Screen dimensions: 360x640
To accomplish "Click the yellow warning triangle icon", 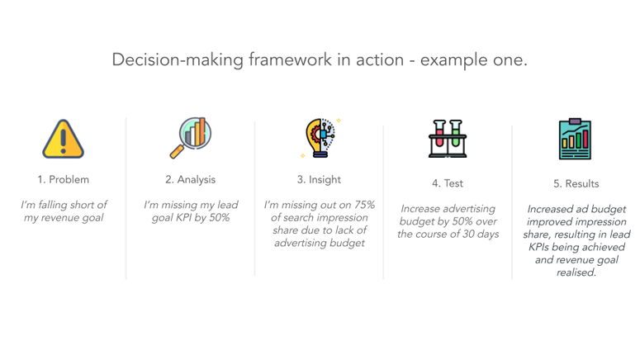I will pos(64,139).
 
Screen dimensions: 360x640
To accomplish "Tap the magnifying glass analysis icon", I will pos(191,137).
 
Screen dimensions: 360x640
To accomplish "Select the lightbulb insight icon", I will pos(320,138).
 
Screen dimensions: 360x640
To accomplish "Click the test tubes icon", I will pos(448,138).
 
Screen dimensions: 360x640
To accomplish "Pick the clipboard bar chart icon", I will pos(575,140).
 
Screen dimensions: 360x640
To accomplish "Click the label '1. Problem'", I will pos(64,179).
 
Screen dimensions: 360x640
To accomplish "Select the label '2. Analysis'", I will pos(191,179).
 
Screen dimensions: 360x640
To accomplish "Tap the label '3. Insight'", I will pos(319,179).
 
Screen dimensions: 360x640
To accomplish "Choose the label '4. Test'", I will pos(448,183).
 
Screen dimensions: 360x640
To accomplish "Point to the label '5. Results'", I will pos(576,183).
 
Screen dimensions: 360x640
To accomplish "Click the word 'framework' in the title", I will pos(268,60).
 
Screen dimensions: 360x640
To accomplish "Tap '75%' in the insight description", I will pos(360,205).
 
